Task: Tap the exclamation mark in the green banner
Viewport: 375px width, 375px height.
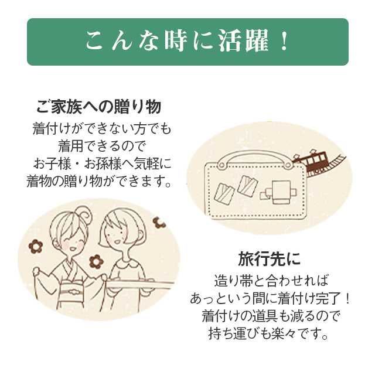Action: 285,42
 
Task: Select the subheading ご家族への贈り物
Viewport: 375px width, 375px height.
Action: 98,108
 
